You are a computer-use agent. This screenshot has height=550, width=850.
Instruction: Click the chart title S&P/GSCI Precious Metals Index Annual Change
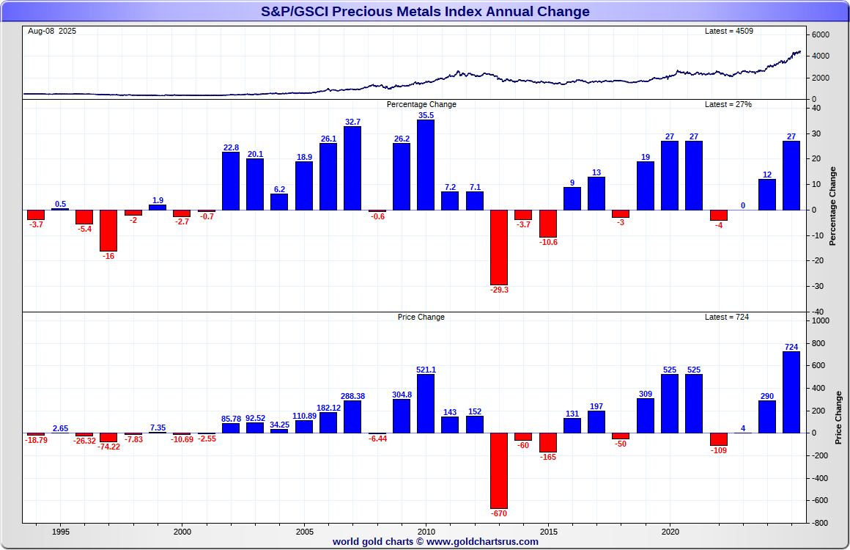(x=425, y=12)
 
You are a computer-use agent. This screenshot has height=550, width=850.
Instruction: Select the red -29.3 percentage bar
(x=499, y=247)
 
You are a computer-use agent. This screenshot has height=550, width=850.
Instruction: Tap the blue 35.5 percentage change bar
(x=426, y=165)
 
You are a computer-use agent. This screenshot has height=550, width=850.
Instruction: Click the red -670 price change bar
(x=499, y=469)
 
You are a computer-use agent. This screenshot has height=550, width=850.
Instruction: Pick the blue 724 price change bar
(x=791, y=392)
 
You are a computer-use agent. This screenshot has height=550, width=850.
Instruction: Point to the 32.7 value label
(x=352, y=122)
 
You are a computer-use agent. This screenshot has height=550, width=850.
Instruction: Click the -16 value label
(x=108, y=256)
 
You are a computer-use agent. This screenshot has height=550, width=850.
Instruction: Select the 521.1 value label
(x=426, y=370)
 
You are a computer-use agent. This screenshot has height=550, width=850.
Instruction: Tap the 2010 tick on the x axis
(x=426, y=532)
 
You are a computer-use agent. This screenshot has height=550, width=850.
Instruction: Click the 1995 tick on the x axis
(x=61, y=532)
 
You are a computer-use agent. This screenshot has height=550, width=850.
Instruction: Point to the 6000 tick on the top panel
(x=820, y=35)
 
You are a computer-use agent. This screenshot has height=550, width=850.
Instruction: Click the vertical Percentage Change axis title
(x=832, y=206)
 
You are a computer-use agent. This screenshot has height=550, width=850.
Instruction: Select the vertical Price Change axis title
(x=838, y=417)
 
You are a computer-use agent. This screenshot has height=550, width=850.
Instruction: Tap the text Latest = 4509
(x=728, y=31)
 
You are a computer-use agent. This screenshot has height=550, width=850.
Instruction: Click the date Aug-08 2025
(x=52, y=31)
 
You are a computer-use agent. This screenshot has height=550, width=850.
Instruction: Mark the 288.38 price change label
(x=352, y=396)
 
